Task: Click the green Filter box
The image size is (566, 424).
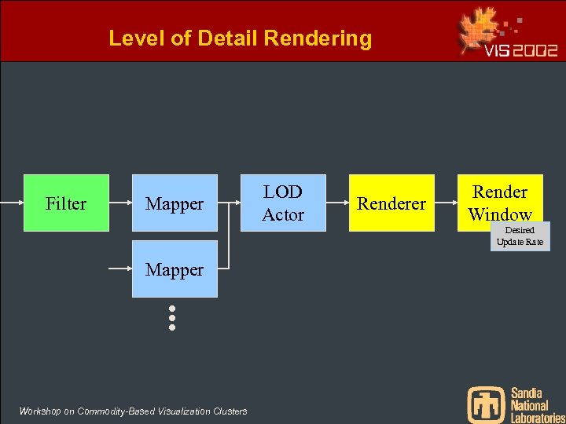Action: pos(66,203)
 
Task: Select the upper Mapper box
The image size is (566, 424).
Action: pos(175,203)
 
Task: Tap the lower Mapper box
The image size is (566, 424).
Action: pos(175,269)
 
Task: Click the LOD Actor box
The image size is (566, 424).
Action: pos(283,203)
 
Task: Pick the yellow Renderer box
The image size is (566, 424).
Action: pos(391,203)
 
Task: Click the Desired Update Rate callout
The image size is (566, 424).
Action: pos(520,236)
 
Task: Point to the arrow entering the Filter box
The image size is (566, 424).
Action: pos(12,203)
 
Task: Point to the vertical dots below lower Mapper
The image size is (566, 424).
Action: pos(171,317)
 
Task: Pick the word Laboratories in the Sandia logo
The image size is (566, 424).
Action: pos(538,418)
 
